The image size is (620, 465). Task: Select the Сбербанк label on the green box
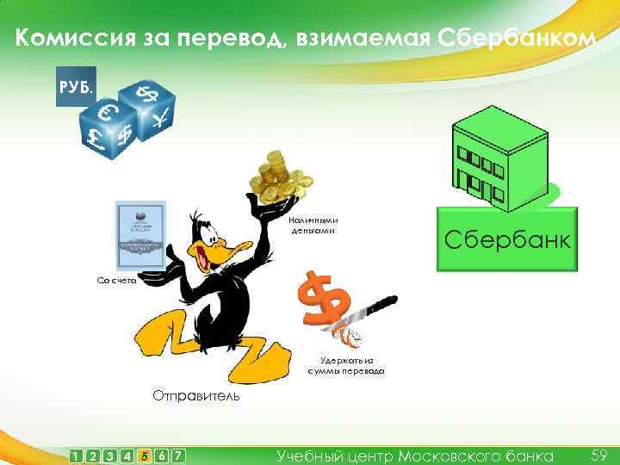[x=506, y=239]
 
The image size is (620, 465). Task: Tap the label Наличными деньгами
[x=308, y=225]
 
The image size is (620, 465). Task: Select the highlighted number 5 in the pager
[x=144, y=455]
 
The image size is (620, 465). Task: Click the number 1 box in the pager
[x=77, y=455]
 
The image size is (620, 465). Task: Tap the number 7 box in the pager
[x=178, y=455]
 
